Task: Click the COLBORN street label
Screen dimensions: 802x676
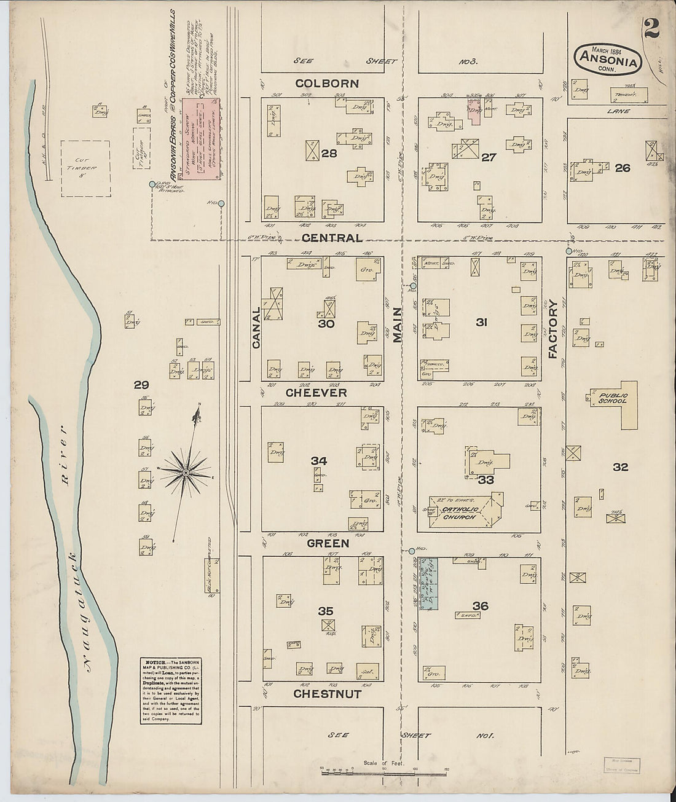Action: [x=327, y=84]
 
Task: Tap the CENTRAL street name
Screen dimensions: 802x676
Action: [x=331, y=238]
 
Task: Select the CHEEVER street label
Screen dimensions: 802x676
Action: [x=316, y=393]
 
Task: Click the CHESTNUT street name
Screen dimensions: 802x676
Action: [x=327, y=694]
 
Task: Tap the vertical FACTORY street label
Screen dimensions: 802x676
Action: [x=552, y=329]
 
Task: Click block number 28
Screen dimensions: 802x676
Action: [x=329, y=154]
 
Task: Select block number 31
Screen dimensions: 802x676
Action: [x=481, y=321]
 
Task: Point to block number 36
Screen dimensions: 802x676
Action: [x=480, y=607]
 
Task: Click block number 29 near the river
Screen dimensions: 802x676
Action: [x=141, y=385]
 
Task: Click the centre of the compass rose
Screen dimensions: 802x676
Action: [x=185, y=472]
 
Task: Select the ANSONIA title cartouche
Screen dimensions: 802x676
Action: [x=608, y=59]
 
